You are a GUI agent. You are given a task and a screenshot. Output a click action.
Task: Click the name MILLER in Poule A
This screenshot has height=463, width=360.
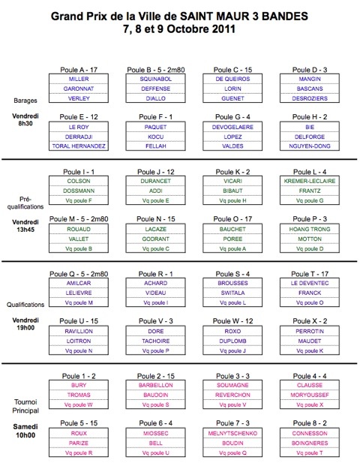79,79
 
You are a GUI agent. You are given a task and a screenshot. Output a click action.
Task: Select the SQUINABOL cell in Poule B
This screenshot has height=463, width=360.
155,79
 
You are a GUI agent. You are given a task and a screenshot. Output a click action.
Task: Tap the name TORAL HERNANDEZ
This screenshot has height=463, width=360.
79,146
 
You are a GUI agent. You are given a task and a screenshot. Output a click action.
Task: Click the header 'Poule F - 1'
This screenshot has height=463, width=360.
155,117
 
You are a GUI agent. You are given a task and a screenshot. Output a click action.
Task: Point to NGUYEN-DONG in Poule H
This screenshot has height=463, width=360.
310,146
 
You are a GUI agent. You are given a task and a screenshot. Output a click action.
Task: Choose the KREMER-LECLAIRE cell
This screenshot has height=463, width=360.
310,181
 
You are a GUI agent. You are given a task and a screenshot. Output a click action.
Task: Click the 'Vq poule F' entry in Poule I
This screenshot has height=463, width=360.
79,200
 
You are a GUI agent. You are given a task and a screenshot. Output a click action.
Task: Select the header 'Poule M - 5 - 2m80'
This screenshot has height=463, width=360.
79,219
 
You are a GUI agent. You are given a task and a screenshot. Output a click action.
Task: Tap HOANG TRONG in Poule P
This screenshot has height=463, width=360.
310,229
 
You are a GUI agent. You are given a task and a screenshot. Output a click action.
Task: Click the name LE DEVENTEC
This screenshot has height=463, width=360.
310,283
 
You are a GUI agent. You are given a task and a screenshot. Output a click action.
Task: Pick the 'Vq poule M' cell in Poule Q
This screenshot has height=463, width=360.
79,302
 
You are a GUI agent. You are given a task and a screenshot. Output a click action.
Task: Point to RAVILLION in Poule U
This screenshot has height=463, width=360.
79,332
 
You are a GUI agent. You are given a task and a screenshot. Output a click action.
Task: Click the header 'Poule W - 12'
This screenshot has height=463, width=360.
232,321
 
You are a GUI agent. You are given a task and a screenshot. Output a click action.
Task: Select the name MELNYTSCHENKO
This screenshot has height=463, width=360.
232,433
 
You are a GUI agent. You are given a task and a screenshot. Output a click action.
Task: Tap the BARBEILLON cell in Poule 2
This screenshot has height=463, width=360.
155,385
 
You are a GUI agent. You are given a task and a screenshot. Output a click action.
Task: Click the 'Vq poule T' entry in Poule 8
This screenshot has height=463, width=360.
310,452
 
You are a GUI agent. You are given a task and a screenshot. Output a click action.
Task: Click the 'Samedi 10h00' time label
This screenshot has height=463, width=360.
25,431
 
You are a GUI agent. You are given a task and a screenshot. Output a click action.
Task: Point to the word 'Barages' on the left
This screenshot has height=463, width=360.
25,101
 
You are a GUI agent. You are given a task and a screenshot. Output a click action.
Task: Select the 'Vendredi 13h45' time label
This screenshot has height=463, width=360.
25,226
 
